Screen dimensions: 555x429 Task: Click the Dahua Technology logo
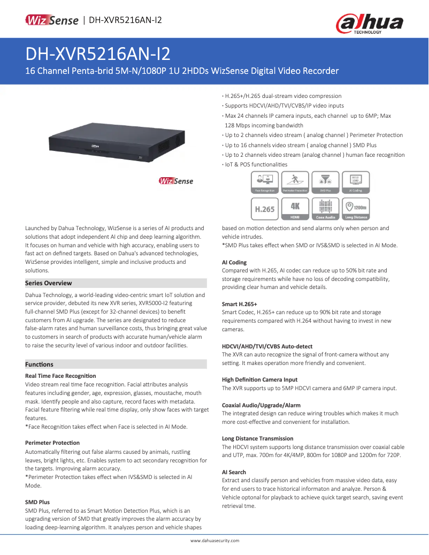[369, 24]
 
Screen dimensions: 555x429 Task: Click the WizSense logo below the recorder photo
[176, 181]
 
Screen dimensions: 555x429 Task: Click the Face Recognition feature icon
[265, 182]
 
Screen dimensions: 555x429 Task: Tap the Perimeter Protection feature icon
[295, 182]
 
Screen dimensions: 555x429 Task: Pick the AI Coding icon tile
[356, 182]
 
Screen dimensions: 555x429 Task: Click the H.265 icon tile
[265, 209]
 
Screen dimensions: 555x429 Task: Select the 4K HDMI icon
[295, 209]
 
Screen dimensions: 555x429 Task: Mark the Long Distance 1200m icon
[356, 209]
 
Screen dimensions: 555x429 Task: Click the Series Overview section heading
[49, 283]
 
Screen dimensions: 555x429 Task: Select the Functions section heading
[40, 364]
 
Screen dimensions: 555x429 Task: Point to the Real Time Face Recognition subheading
[60, 376]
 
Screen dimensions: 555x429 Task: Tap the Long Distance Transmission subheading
[257, 438]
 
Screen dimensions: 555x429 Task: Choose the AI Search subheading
[234, 472]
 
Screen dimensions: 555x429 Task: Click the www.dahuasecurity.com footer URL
[215, 541]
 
